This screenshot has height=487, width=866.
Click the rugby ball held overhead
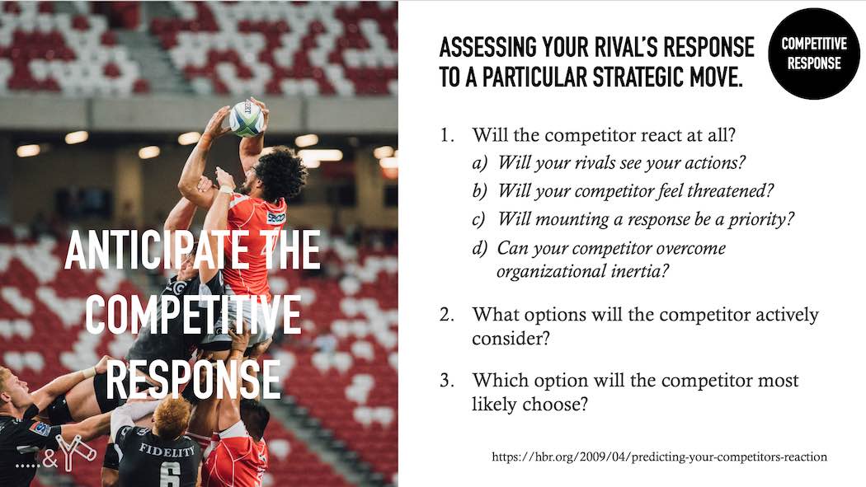click(x=247, y=118)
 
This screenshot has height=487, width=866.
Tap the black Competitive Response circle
click(x=813, y=54)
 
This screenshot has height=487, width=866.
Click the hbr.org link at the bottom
click(x=660, y=457)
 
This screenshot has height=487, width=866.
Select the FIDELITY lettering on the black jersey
click(x=167, y=449)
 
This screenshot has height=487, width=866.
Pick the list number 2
click(x=447, y=315)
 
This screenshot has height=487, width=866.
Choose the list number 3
click(x=447, y=380)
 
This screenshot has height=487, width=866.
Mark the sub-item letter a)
click(x=479, y=162)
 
